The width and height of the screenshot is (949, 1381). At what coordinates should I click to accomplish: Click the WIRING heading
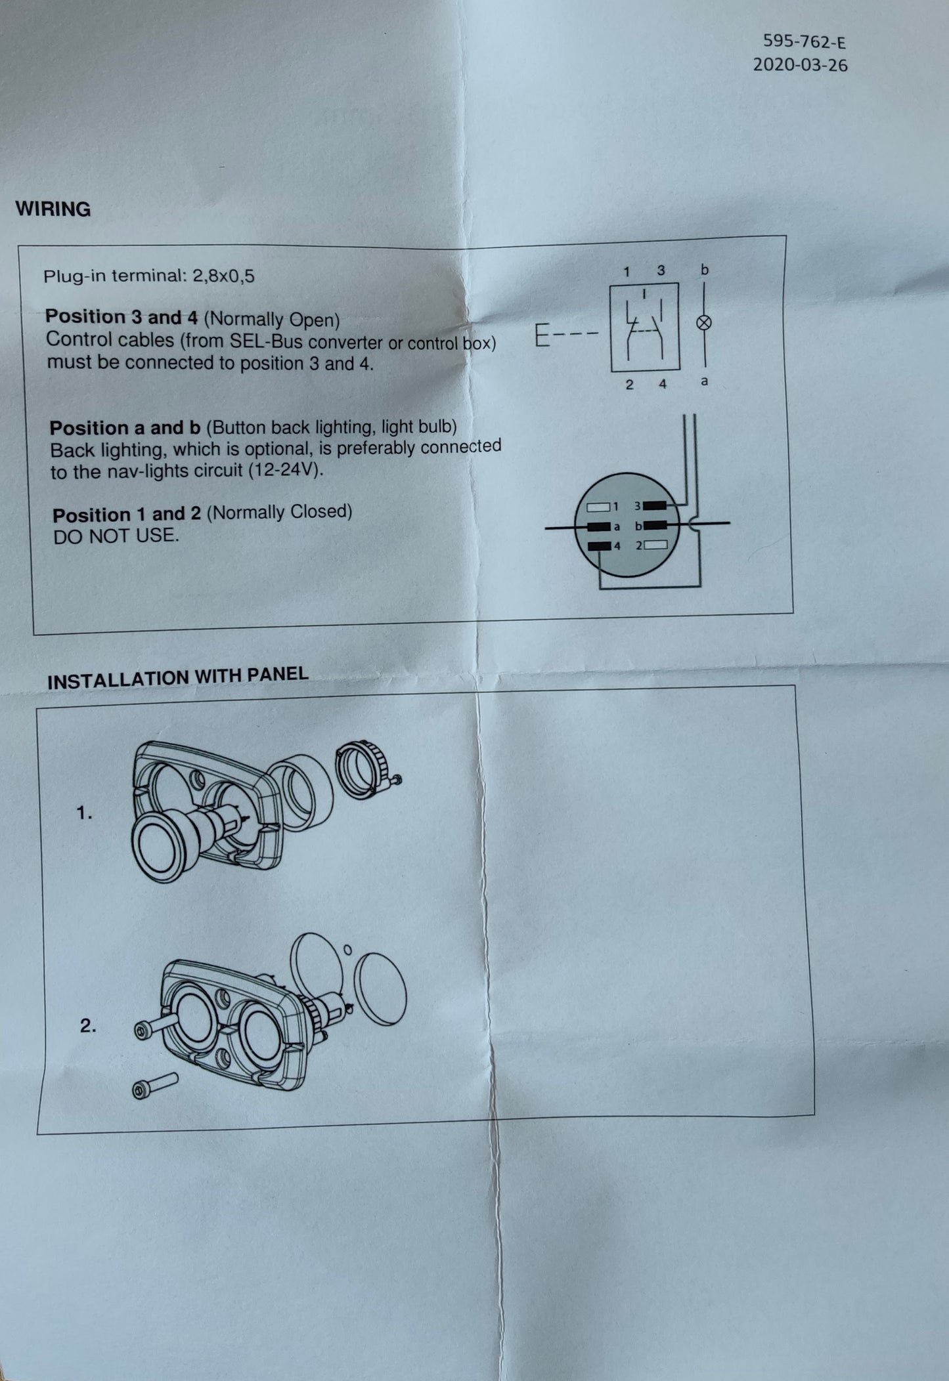[x=53, y=209]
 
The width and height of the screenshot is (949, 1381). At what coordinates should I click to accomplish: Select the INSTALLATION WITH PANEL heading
[x=177, y=677]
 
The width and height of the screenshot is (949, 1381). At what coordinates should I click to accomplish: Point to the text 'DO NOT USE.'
[x=116, y=536]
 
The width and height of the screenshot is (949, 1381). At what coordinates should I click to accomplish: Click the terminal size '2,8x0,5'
[x=223, y=276]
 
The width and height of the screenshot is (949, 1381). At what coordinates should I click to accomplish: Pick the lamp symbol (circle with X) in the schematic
[x=704, y=322]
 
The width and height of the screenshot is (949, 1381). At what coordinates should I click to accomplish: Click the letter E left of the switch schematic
[x=542, y=336]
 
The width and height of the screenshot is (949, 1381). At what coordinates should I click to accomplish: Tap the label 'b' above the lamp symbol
[x=705, y=269]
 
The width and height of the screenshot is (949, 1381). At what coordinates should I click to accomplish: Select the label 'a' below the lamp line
[x=704, y=381]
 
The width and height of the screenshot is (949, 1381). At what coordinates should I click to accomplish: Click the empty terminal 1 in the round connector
[x=598, y=507]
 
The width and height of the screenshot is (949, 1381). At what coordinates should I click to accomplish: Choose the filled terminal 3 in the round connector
[x=655, y=505]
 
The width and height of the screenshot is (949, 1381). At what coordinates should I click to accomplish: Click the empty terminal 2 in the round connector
[x=656, y=545]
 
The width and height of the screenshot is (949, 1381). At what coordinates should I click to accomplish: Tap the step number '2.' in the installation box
[x=88, y=1026]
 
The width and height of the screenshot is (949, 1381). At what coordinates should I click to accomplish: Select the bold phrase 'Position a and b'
[x=125, y=428]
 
